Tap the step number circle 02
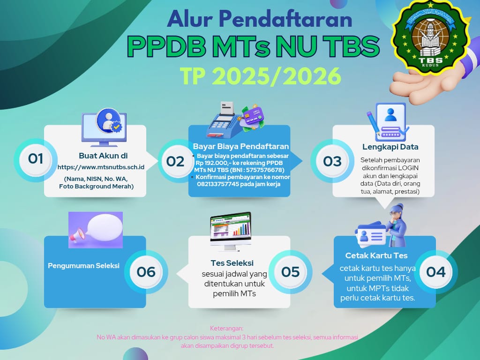(175, 161)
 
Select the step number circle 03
(332, 161)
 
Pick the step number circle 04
(436, 272)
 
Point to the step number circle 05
(291, 272)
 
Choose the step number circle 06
(146, 272)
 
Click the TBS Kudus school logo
(430, 38)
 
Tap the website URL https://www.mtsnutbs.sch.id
(101, 167)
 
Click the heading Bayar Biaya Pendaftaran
(241, 146)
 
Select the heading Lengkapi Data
(390, 147)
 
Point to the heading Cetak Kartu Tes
(376, 255)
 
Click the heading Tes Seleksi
(232, 263)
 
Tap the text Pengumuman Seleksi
(83, 266)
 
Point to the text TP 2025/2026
(261, 76)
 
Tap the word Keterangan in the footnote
(227, 329)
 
